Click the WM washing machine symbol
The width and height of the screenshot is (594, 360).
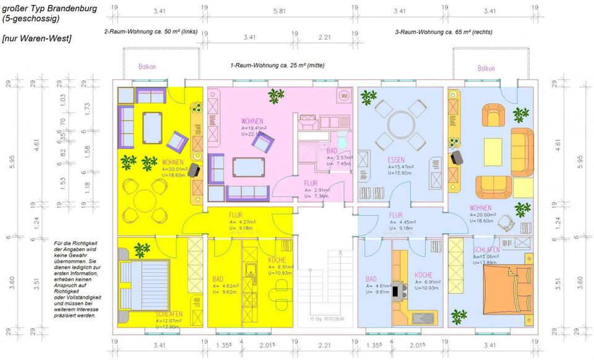343,96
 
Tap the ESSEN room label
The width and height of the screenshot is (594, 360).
396,160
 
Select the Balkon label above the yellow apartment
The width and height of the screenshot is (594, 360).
147,67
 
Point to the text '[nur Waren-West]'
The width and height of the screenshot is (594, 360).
37,38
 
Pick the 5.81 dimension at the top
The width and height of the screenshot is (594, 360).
279,11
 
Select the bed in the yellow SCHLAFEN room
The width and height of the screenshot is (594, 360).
144,282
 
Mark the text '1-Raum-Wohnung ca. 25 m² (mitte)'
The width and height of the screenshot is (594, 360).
277,65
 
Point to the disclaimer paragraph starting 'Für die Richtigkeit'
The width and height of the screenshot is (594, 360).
78,280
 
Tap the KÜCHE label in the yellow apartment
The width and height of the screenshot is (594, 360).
277,260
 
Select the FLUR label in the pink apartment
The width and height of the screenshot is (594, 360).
311,183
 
